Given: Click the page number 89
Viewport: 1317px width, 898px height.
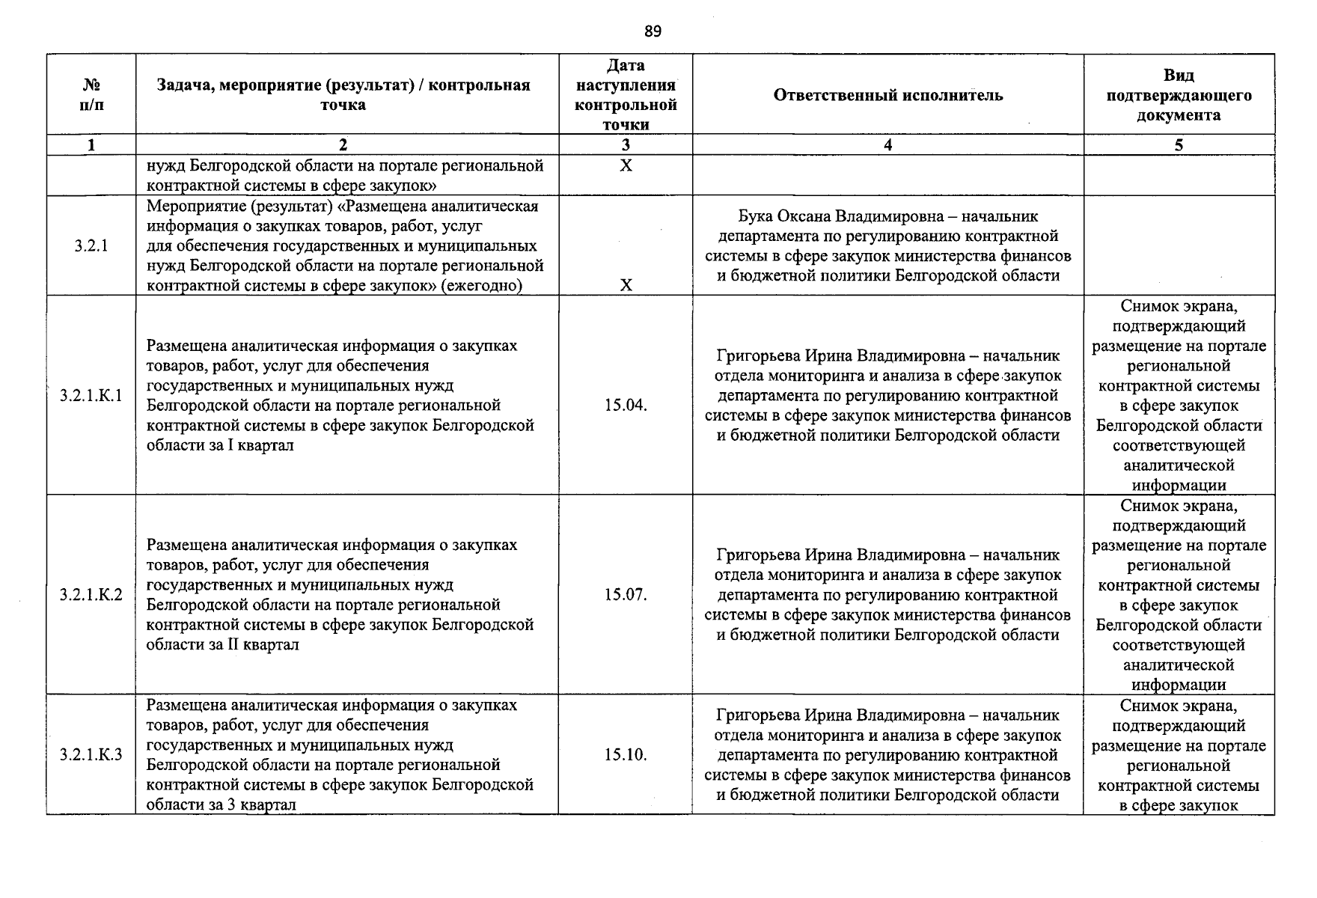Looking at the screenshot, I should (653, 31).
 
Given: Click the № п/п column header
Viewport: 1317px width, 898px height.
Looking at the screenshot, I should (91, 94).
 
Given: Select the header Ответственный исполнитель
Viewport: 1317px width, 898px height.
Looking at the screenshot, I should (887, 95).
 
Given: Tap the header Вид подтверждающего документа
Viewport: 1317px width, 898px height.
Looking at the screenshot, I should (1179, 95).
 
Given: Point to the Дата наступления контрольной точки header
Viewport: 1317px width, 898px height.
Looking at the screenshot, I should (626, 95).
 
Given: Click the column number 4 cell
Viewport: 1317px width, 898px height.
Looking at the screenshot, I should (887, 145).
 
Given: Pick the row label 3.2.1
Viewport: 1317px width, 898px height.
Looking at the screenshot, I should (91, 245).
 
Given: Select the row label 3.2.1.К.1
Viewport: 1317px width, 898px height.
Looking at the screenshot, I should (91, 395).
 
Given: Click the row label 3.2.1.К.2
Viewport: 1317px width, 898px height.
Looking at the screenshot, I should (91, 595).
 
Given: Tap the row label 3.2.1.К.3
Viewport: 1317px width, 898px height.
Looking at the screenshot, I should (91, 754).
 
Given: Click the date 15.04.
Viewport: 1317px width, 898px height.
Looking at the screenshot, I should (626, 406).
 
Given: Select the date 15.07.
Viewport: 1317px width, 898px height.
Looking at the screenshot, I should (626, 595).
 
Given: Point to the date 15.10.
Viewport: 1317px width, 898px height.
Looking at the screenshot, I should (626, 754).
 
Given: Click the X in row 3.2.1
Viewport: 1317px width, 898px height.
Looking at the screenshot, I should (626, 285).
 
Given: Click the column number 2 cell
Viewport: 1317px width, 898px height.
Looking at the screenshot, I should (343, 145).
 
